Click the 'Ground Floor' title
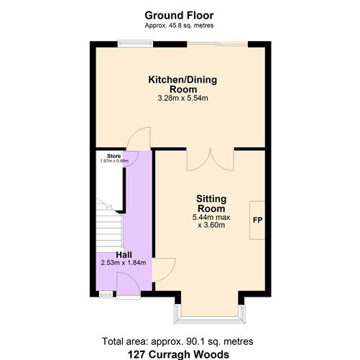tap(179, 14)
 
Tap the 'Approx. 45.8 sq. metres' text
tap(179, 26)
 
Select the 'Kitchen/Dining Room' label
tap(178, 84)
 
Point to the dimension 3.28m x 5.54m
tap(178, 98)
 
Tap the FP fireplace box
tap(257, 220)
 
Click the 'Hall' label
tap(124, 254)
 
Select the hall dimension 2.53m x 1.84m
tap(124, 263)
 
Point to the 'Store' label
tap(114, 155)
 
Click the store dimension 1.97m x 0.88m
tap(114, 161)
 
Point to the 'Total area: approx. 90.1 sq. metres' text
tap(179, 341)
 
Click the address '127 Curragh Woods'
tap(179, 354)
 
